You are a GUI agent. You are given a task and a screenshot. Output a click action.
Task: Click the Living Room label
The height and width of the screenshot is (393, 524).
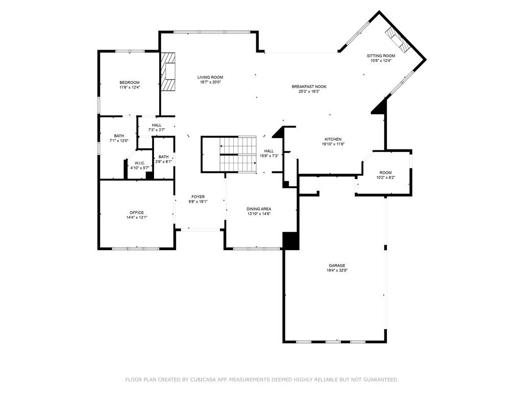pos(210,77)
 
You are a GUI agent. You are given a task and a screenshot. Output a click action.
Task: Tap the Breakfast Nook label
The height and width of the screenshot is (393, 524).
pos(309,86)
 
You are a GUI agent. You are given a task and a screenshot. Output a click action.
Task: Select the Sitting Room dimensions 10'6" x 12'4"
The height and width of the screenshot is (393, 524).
pos(381,61)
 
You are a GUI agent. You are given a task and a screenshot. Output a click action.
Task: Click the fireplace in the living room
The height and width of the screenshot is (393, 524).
pos(169,71)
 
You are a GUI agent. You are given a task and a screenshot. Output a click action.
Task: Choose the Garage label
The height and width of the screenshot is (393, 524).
pos(337,265)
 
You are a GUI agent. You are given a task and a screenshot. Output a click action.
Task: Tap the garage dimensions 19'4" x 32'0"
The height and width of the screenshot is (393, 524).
pos(337,270)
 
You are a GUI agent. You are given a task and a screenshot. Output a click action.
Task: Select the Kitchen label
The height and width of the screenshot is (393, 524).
pos(333,139)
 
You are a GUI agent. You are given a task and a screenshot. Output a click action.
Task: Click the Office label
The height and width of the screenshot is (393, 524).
pos(137,212)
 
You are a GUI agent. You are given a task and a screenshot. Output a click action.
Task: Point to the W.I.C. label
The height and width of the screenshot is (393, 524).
pos(140,163)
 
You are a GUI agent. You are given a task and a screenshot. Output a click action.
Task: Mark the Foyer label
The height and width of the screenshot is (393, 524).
pos(198,196)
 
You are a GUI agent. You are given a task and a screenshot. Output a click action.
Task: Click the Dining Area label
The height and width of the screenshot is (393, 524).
pos(258,208)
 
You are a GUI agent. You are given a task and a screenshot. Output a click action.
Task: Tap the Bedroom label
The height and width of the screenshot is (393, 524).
pos(129,82)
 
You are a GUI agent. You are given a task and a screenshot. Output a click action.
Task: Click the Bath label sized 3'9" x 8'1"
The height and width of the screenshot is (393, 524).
pos(163,157)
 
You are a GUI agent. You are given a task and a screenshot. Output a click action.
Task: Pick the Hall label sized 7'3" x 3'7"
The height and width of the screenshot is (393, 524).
pos(157,125)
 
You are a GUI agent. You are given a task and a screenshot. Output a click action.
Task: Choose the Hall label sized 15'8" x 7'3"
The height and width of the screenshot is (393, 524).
pos(269,150)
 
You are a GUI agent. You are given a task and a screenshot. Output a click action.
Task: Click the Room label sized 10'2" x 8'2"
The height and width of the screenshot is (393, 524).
pos(385,172)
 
